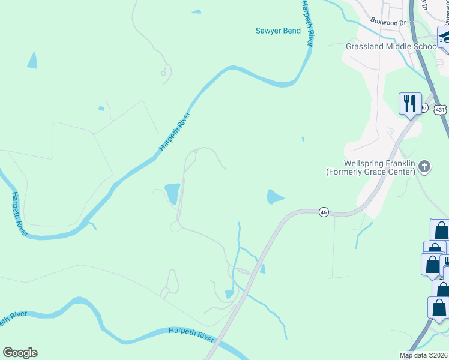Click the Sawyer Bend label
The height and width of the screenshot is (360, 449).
coord(278,30)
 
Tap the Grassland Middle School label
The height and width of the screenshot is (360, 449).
coord(392,46)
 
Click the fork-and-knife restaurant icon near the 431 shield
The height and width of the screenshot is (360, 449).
coord(411,103)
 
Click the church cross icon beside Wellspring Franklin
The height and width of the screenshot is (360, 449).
coord(424,167)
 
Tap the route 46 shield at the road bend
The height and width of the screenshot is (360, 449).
coord(324,212)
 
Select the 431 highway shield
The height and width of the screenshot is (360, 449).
coord(441,109)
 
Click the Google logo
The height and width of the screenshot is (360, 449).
coord(20,353)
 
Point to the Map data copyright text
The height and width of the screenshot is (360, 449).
coord(424,355)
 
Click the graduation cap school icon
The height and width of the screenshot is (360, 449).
coord(445,37)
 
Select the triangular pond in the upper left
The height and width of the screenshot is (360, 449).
coord(32,61)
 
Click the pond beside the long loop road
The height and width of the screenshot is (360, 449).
coord(172,193)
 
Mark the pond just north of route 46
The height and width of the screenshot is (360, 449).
coord(274,197)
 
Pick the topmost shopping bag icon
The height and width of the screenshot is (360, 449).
coord(441,230)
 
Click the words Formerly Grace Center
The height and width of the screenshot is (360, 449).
coord(370,172)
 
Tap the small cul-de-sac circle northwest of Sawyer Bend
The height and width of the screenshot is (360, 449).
coord(163,73)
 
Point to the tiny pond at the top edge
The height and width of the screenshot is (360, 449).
coord(196,11)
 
